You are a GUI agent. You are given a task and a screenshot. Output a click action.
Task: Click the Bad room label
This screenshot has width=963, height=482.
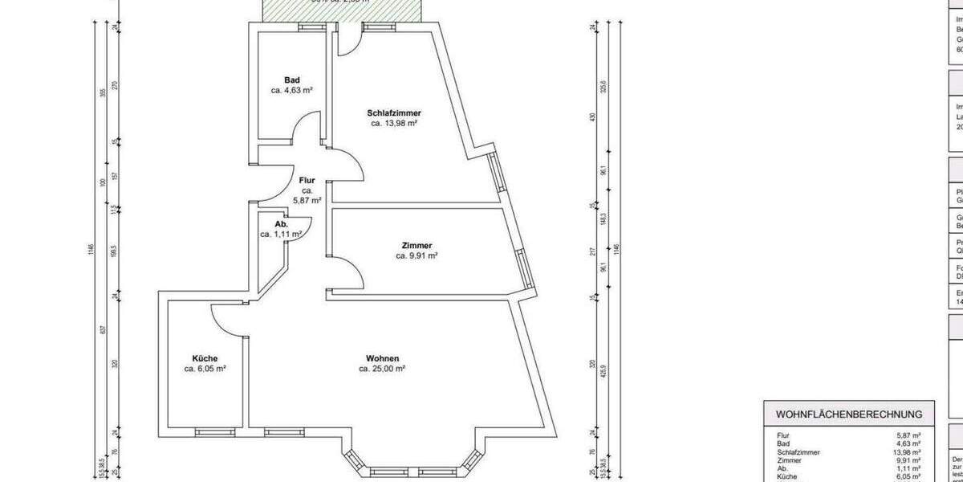coord(292,80)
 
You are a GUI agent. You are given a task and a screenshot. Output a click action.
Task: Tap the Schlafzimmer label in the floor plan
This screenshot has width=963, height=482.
coord(394,112)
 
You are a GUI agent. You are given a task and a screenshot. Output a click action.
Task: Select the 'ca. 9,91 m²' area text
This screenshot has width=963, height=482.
coord(416,256)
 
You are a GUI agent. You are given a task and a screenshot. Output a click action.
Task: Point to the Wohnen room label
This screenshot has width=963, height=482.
coord(382,358)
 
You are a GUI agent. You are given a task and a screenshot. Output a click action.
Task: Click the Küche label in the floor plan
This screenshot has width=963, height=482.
coord(205,358)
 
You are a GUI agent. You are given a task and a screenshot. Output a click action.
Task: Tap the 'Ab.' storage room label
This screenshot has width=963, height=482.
coord(281,224)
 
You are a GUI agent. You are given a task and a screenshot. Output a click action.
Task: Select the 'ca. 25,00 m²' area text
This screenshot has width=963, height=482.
coord(382,369)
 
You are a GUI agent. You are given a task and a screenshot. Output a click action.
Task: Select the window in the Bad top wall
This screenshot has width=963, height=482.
coord(310,26)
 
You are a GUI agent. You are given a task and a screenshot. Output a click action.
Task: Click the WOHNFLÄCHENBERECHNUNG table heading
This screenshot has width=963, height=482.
coord(848,415)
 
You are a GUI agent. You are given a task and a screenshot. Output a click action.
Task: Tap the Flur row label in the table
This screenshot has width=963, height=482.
coord(783,435)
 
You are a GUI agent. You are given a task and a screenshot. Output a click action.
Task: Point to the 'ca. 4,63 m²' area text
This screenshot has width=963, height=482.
coord(292,91)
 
